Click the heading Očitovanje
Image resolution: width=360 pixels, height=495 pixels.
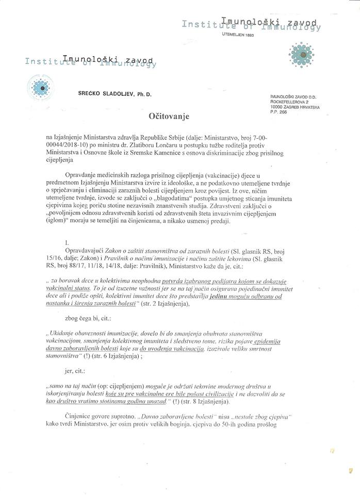[x=169, y=117]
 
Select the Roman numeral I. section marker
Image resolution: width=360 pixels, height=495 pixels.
[x=67, y=241]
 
